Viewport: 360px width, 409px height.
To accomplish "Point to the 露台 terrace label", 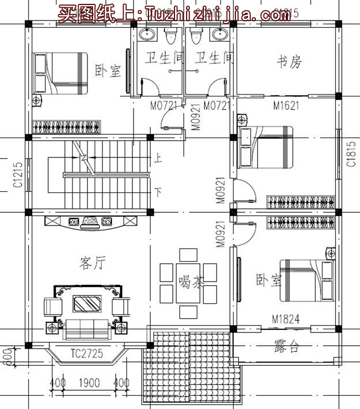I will coord(287,347).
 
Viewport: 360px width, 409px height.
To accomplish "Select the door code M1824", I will coord(286,320).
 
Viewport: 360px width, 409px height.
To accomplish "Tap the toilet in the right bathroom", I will coord(194,37).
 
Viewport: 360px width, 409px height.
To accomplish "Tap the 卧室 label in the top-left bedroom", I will coord(107,71).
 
